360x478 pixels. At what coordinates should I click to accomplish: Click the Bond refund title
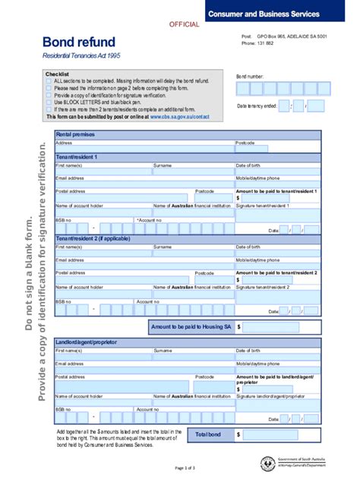pyautogui.click(x=78, y=42)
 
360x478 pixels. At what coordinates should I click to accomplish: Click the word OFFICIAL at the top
pyautogui.click(x=184, y=24)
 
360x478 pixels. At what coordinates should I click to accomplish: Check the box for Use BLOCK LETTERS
pyautogui.click(x=49, y=102)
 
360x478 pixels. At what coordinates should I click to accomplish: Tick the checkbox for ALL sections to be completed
pyautogui.click(x=49, y=80)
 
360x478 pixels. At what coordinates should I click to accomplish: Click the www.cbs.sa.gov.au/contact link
pyautogui.click(x=179, y=117)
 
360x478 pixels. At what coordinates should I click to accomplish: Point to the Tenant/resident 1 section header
pyautogui.click(x=77, y=157)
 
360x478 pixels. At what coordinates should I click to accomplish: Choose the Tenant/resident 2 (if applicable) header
pyautogui.click(x=88, y=238)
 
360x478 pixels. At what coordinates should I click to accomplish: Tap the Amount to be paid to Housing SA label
pyautogui.click(x=191, y=326)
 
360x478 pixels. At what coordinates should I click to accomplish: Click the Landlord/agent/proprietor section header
pyautogui.click(x=87, y=342)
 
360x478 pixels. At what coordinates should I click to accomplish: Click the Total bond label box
pyautogui.click(x=209, y=435)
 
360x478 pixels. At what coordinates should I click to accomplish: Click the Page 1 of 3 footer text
pyautogui.click(x=185, y=468)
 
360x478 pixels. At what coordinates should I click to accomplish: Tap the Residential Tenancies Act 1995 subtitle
pyautogui.click(x=81, y=58)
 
